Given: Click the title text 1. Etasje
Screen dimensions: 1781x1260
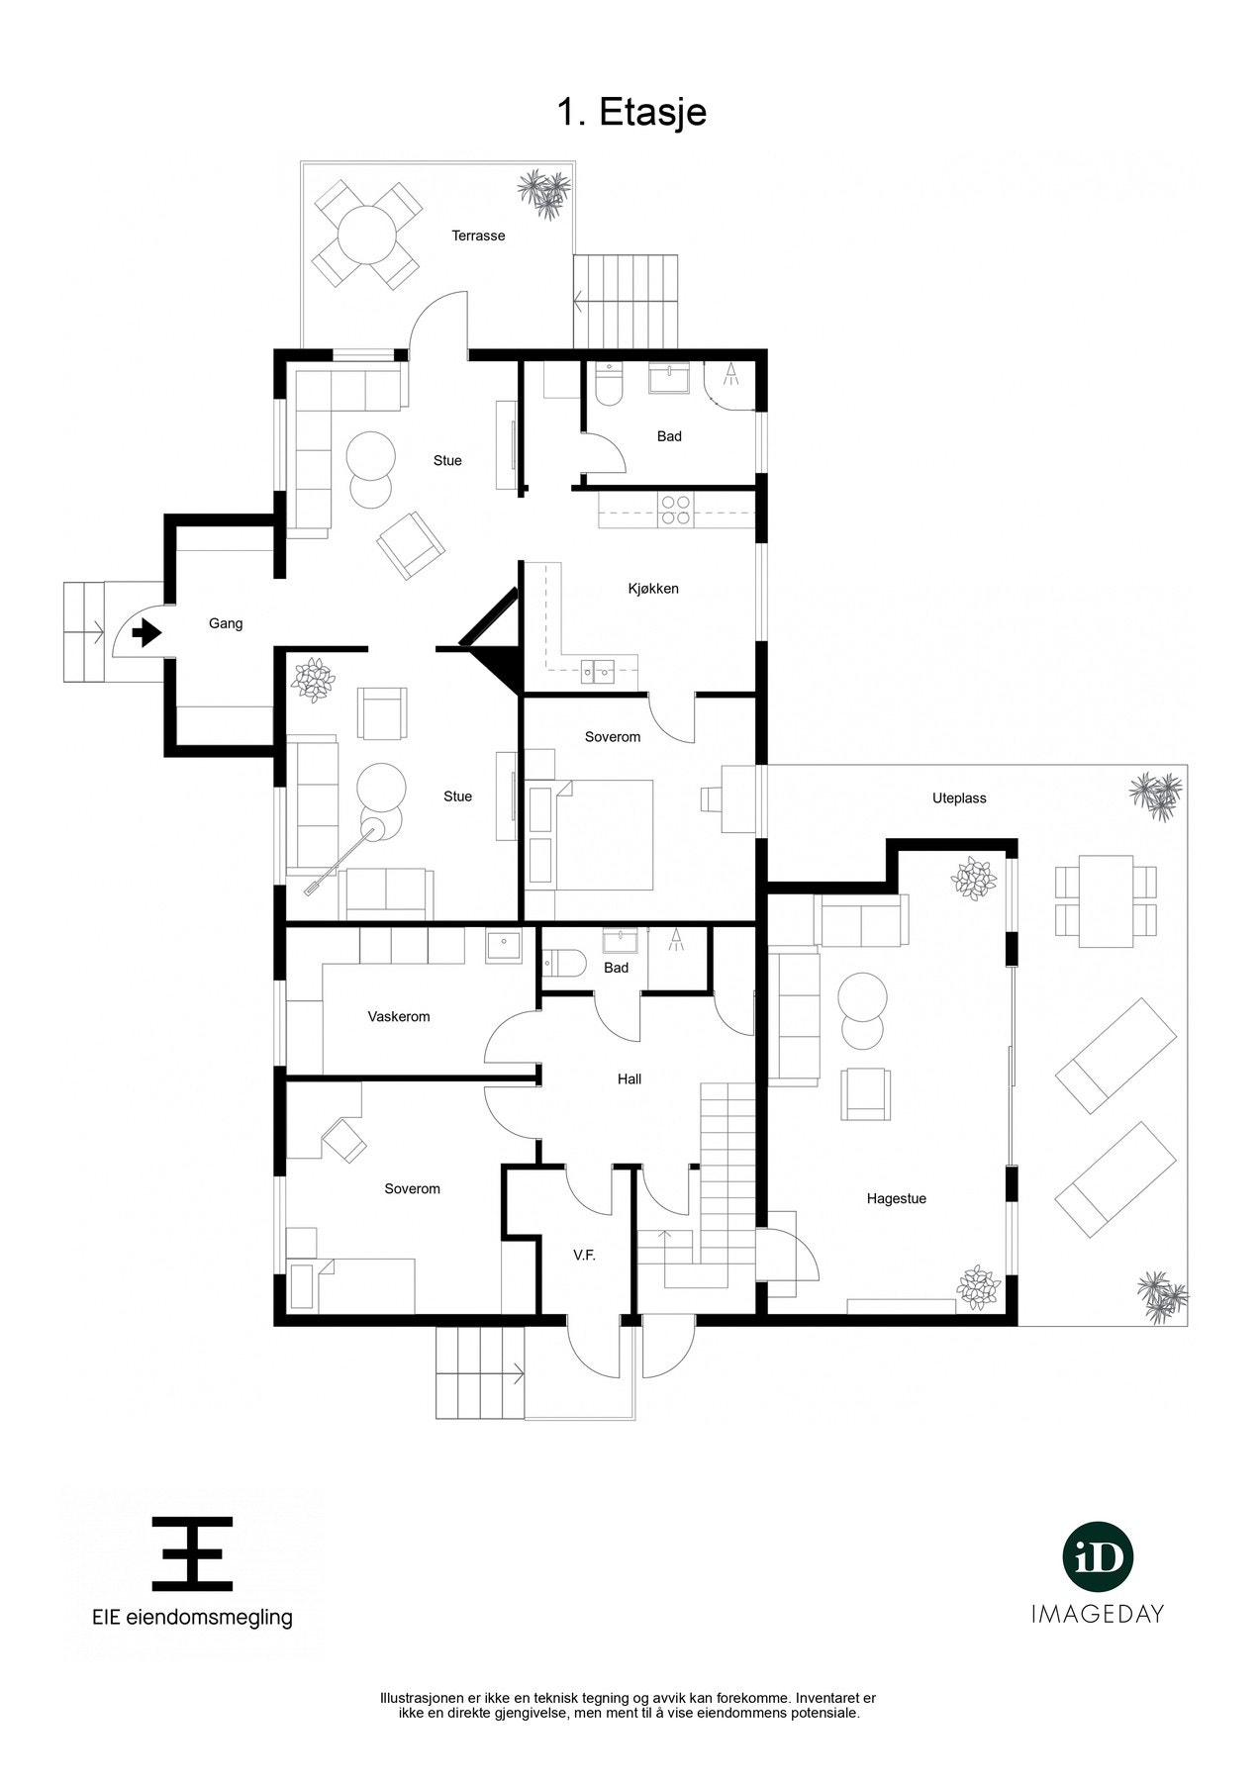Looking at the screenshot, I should [x=630, y=112].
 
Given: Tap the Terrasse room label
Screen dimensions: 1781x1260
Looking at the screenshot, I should [x=478, y=235].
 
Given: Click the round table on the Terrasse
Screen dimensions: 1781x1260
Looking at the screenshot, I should [x=366, y=234].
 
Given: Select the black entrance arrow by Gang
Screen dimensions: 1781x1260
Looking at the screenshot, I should [x=146, y=631].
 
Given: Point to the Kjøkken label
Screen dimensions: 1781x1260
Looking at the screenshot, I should [x=652, y=589].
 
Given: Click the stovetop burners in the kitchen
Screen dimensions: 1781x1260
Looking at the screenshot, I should [x=677, y=510].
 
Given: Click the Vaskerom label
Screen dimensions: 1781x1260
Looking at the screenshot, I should [x=398, y=1016].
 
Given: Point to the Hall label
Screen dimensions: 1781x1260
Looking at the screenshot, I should [x=629, y=1078].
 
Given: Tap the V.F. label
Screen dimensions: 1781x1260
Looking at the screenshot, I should [x=584, y=1255].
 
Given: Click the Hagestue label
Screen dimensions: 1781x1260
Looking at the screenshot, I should [x=896, y=1198].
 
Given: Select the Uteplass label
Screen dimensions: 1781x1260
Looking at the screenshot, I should [x=959, y=797].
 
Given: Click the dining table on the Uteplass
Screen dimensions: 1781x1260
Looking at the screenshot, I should [x=1107, y=900].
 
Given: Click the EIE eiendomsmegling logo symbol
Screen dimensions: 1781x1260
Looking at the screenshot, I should [x=192, y=1552].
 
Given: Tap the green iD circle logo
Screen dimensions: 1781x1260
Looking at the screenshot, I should [x=1097, y=1558].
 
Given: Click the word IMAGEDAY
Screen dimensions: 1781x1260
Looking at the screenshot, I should [x=1097, y=1614].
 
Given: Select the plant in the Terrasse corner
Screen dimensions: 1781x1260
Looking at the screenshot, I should [x=544, y=192].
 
